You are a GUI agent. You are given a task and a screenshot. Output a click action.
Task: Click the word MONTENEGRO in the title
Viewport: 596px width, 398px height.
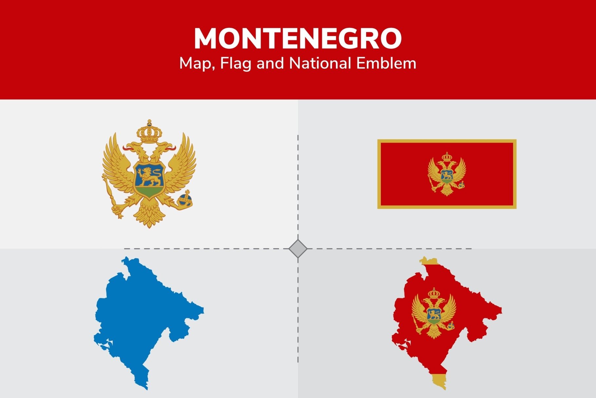tap(298, 39)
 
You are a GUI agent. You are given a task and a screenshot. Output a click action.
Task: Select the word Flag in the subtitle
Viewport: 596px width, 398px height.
tap(235, 64)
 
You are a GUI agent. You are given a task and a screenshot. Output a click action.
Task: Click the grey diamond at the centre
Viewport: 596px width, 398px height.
tap(298, 249)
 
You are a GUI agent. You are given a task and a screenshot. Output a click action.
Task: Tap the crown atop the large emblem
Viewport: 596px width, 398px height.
tap(149, 133)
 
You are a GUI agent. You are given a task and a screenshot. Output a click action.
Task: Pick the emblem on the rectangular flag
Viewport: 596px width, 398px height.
tap(447, 174)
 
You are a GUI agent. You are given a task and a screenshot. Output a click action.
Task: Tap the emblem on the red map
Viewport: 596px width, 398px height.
tap(434, 313)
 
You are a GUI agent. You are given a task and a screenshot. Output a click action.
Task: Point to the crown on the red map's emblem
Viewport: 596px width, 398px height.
tap(434, 293)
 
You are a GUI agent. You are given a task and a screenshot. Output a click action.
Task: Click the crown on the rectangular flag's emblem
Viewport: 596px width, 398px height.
tap(447, 157)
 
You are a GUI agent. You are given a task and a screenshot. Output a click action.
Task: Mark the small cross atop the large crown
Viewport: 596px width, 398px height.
tap(149, 123)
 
